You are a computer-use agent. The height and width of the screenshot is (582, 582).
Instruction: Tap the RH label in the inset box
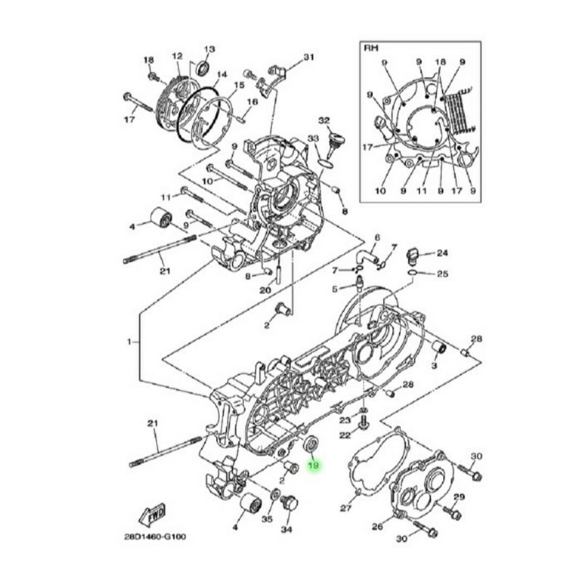pyautogui.click(x=370, y=49)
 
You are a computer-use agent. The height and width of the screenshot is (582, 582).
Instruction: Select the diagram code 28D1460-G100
pyautogui.click(x=156, y=538)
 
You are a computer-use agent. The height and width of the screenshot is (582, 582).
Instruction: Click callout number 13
pyautogui.click(x=210, y=49)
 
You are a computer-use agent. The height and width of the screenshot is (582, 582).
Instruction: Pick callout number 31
pyautogui.click(x=308, y=57)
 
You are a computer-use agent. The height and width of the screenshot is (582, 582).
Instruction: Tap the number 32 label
pyautogui.click(x=324, y=120)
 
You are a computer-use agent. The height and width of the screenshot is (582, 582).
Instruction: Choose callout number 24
pyautogui.click(x=442, y=253)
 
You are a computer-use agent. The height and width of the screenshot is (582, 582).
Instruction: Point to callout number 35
pyautogui.click(x=266, y=519)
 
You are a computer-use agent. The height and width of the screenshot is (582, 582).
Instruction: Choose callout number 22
pyautogui.click(x=345, y=435)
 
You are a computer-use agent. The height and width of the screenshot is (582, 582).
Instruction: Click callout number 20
pyautogui.click(x=265, y=290)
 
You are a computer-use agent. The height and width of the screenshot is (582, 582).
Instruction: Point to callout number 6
pyautogui.click(x=378, y=238)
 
